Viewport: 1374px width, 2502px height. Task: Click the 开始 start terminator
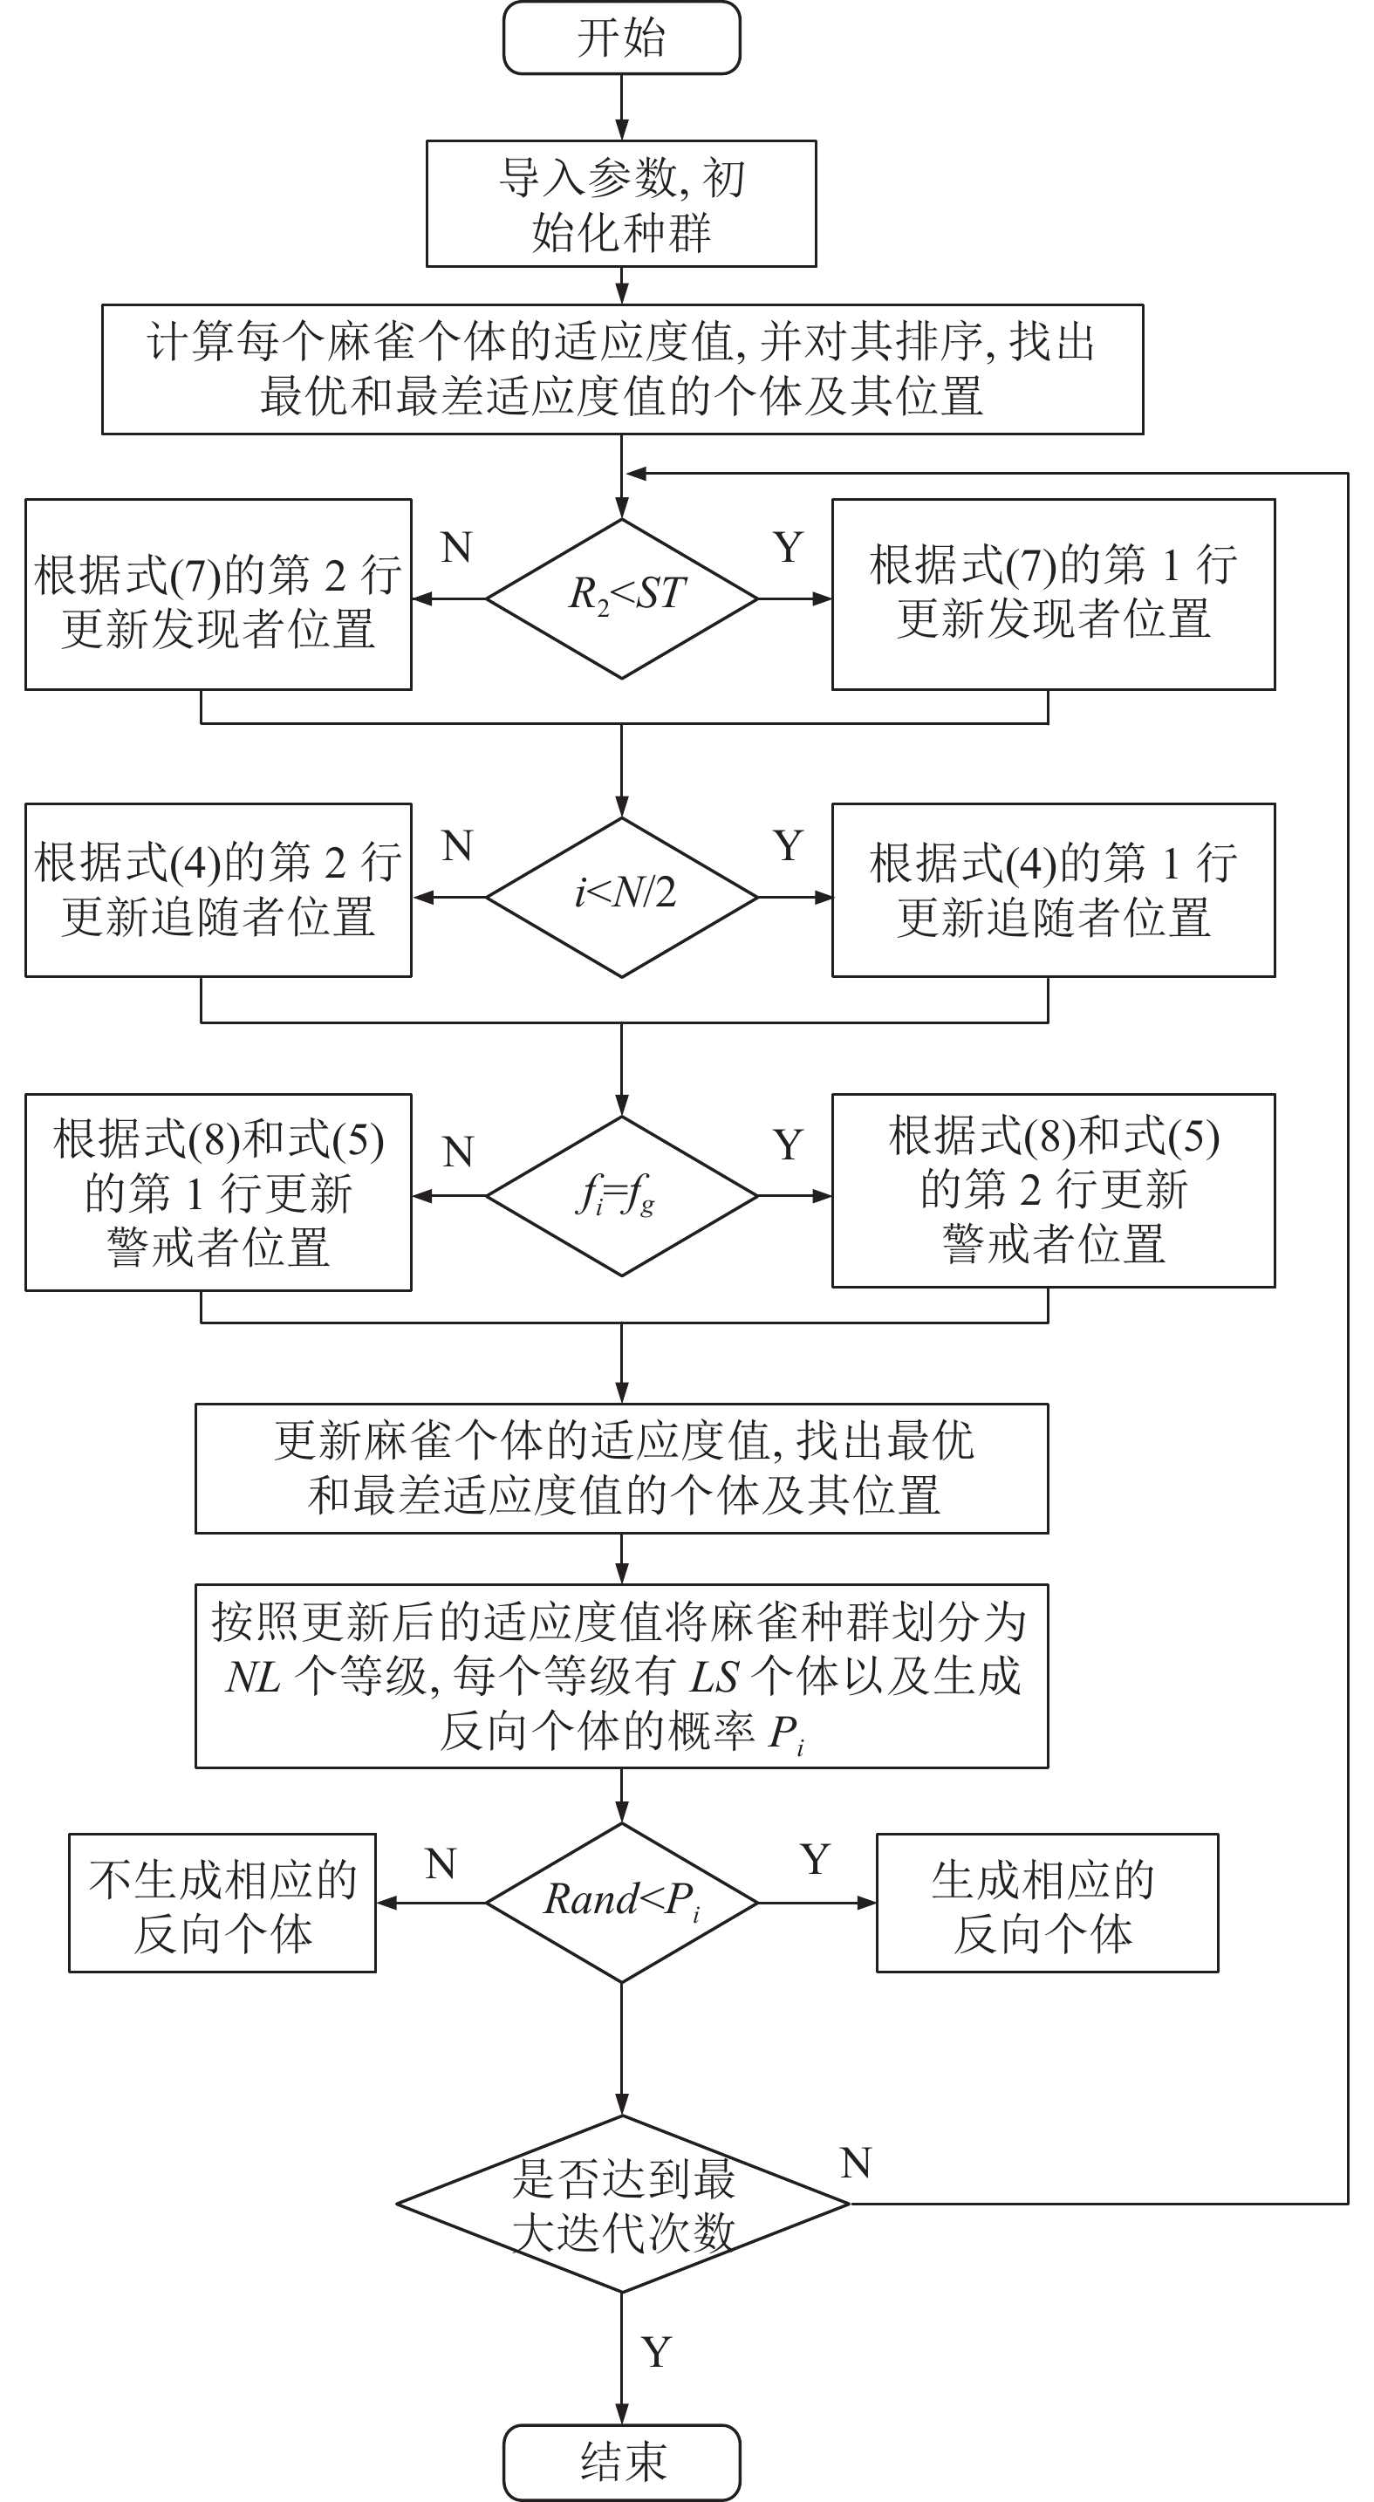[x=621, y=38]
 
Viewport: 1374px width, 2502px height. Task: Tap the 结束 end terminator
[x=621, y=2462]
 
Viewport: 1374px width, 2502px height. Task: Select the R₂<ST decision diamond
[x=621, y=598]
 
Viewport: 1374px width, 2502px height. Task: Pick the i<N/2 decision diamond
[x=621, y=898]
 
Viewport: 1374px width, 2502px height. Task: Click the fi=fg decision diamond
[x=621, y=1196]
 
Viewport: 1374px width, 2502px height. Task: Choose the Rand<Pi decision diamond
[x=621, y=1903]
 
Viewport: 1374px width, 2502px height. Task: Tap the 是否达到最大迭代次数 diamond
[x=622, y=2204]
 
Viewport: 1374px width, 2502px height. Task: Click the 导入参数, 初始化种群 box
[x=621, y=204]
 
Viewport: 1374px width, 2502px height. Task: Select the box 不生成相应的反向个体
[x=222, y=1903]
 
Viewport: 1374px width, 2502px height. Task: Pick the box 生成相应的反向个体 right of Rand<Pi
[x=1048, y=1903]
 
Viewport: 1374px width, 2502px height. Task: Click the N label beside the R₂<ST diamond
[x=456, y=548]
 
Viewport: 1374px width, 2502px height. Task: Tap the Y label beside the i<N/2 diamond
[x=788, y=846]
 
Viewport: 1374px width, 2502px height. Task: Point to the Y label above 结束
[x=656, y=2351]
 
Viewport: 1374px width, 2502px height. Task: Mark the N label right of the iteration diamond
[x=857, y=2163]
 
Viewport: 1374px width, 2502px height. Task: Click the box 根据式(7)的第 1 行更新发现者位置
[x=1054, y=594]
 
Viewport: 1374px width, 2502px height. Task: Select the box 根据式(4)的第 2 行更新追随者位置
[x=218, y=890]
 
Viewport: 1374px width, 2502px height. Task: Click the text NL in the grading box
[x=252, y=1677]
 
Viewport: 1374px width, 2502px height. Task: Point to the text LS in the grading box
[x=714, y=1677]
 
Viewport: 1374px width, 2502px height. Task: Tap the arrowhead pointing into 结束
[x=621, y=2414]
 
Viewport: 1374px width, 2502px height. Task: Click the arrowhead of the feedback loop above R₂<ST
[x=636, y=474]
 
